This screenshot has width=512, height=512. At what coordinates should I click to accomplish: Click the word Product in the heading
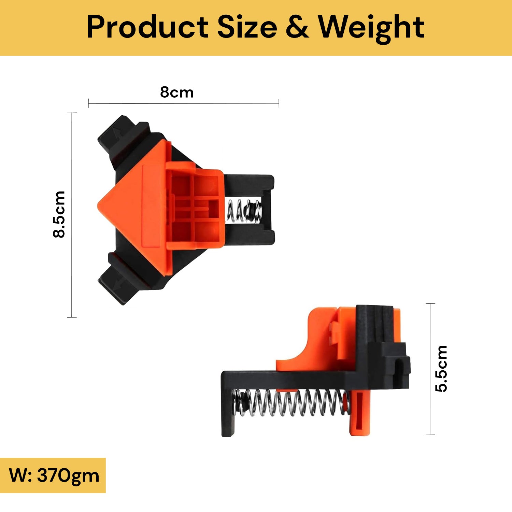[148, 27]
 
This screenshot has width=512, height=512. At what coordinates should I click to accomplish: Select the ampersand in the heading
[297, 27]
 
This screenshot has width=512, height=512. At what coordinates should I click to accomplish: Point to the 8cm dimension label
[177, 92]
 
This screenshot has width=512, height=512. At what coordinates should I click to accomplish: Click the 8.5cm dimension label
[59, 214]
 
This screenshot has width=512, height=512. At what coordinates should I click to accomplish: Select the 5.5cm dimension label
[441, 369]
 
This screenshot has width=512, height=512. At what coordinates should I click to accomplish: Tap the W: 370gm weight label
[54, 475]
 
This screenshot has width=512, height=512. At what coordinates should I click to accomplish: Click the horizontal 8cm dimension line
[184, 103]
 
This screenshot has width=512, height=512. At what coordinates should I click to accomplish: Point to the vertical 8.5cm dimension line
[72, 215]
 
